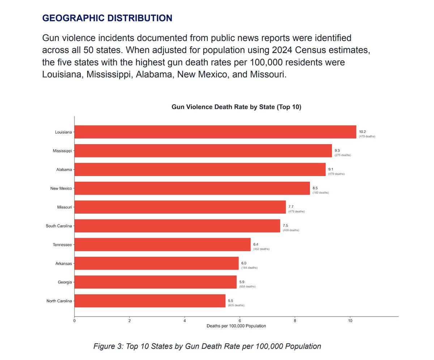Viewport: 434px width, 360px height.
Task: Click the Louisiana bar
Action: pyautogui.click(x=215, y=132)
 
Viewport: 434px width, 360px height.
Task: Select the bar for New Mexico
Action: pyautogui.click(x=192, y=188)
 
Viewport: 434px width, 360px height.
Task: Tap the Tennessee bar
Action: pyautogui.click(x=162, y=245)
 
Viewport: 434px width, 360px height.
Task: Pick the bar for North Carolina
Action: pyautogui.click(x=150, y=301)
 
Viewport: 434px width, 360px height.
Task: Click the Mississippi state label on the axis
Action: pyautogui.click(x=62, y=151)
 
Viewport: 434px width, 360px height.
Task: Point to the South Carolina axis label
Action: pyautogui.click(x=59, y=226)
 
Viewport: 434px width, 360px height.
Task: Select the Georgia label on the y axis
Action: pyautogui.click(x=64, y=282)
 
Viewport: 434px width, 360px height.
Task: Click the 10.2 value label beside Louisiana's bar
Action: pyautogui.click(x=362, y=132)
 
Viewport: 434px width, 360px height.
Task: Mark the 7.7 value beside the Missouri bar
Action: pyautogui.click(x=291, y=207)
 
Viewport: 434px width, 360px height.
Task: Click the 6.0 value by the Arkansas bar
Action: pyautogui.click(x=244, y=263)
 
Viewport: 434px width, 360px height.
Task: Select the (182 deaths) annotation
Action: pyautogui.click(x=321, y=193)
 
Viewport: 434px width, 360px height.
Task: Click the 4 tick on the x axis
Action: pyautogui.click(x=184, y=320)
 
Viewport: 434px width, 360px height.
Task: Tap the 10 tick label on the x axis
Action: pyautogui.click(x=350, y=320)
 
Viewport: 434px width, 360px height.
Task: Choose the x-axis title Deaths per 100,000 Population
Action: pyautogui.click(x=236, y=326)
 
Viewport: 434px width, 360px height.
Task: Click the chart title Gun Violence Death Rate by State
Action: pyautogui.click(x=236, y=107)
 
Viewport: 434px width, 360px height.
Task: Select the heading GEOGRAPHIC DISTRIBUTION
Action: pyautogui.click(x=107, y=18)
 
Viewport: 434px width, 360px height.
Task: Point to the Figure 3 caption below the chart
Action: pyautogui.click(x=207, y=346)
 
